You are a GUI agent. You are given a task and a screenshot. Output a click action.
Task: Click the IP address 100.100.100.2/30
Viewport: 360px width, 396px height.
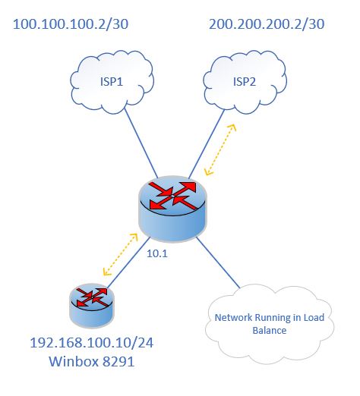coord(71,24)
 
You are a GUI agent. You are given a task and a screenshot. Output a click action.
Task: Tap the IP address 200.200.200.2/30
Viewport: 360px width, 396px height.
coord(267,24)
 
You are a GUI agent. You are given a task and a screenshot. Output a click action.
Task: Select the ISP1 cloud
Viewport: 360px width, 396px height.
coord(112,82)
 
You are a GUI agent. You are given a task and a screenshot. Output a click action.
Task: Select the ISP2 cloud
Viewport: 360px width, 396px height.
coord(245,82)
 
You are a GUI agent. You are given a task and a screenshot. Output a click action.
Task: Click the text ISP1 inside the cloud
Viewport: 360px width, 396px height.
coord(112,82)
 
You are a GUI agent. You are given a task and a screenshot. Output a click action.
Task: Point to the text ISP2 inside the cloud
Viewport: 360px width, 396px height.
coord(245,82)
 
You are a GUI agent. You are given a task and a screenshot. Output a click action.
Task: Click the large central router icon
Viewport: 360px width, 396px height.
coord(172,209)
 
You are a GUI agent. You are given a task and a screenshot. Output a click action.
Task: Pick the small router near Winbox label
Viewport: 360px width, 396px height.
coord(92,306)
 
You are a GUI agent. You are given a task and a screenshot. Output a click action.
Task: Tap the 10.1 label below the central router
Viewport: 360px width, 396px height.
coord(157,253)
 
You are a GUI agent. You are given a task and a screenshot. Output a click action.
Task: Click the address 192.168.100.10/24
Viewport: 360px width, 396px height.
coord(92,343)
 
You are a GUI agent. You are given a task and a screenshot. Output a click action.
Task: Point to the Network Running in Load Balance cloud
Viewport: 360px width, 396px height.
coord(270,324)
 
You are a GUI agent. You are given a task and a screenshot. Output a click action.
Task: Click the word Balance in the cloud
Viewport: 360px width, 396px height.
coord(270,330)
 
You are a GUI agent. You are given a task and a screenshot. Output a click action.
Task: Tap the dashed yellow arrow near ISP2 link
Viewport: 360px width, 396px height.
coord(220,149)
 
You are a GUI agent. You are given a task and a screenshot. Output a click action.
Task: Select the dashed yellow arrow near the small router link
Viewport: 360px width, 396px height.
coord(120,254)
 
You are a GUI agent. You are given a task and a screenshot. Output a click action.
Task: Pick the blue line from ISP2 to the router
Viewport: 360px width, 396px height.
coord(207,143)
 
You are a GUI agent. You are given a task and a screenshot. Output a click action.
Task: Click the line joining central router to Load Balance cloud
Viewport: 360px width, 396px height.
coord(218,262)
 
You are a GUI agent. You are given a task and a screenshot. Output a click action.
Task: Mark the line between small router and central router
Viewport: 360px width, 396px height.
coord(129,262)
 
